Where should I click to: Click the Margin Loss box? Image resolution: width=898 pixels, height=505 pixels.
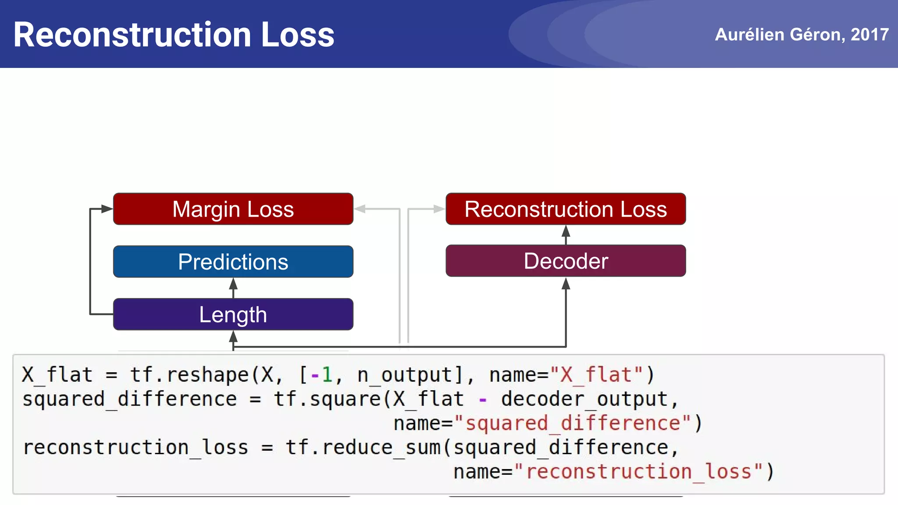point(233,209)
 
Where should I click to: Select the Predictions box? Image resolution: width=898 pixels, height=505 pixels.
point(233,262)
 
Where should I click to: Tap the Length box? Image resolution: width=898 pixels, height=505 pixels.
point(233,314)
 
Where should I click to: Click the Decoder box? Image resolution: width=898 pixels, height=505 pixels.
point(566,261)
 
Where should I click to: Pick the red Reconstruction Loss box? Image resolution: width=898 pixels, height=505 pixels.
point(566,209)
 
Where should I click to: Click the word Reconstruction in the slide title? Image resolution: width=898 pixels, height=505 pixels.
point(132,35)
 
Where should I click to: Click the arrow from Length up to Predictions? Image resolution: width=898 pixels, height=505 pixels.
point(233,288)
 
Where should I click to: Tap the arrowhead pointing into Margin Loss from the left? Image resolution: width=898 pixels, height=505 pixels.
point(107,209)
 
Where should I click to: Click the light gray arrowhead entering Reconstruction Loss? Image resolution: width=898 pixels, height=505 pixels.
point(439,209)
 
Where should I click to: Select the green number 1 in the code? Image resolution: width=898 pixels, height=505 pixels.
point(327,375)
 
